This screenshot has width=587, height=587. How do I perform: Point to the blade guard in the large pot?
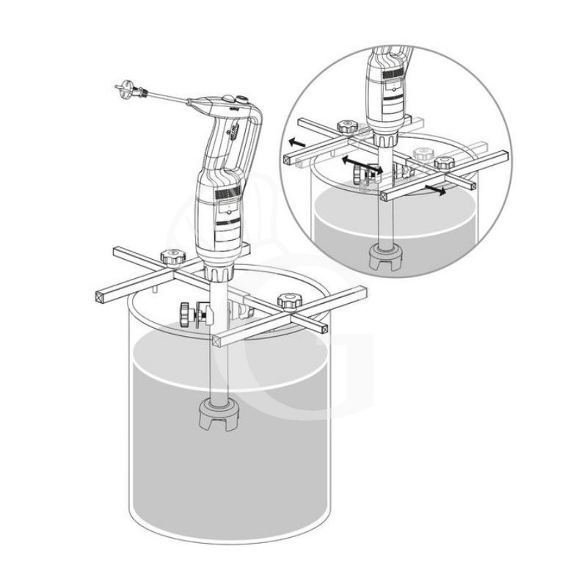[219, 417]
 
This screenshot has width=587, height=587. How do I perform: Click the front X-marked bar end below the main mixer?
[216, 340]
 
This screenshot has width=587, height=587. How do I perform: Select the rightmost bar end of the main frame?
[360, 292]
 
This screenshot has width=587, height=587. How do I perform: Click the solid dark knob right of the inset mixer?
[443, 163]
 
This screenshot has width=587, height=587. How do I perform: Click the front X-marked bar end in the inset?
[385, 196]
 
